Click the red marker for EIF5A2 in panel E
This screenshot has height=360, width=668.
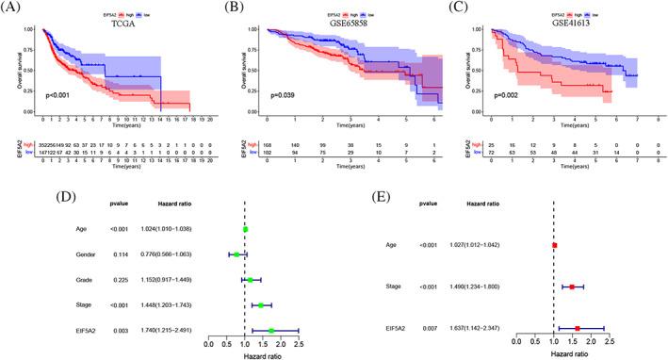tap(577, 329)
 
